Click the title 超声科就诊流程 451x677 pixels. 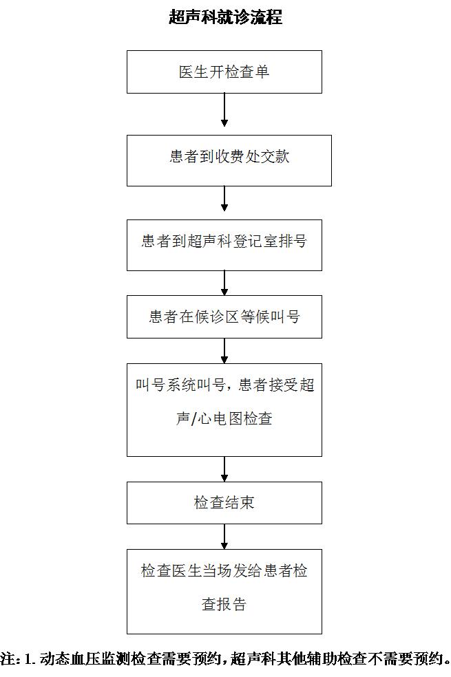226,17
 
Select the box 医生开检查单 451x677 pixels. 224,72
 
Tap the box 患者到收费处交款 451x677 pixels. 229,160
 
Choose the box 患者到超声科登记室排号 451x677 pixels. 224,245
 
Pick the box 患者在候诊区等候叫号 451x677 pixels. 224,317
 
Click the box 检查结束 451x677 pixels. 224,503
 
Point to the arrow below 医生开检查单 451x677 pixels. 224,109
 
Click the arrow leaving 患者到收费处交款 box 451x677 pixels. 224,199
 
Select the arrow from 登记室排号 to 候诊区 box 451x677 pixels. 224,283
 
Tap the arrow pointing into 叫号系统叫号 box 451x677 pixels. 224,351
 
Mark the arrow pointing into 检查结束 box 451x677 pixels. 224,469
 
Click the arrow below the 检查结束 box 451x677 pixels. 224,537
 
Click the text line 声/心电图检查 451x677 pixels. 224,418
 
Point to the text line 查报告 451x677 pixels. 224,604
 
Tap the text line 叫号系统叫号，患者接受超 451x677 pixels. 224,385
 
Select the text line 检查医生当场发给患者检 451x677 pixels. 224,571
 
